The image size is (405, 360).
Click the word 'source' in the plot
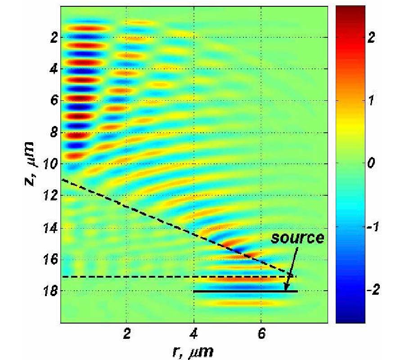coord(297,238)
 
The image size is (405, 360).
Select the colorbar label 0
coord(372,165)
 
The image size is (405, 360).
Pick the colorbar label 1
coord(372,102)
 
